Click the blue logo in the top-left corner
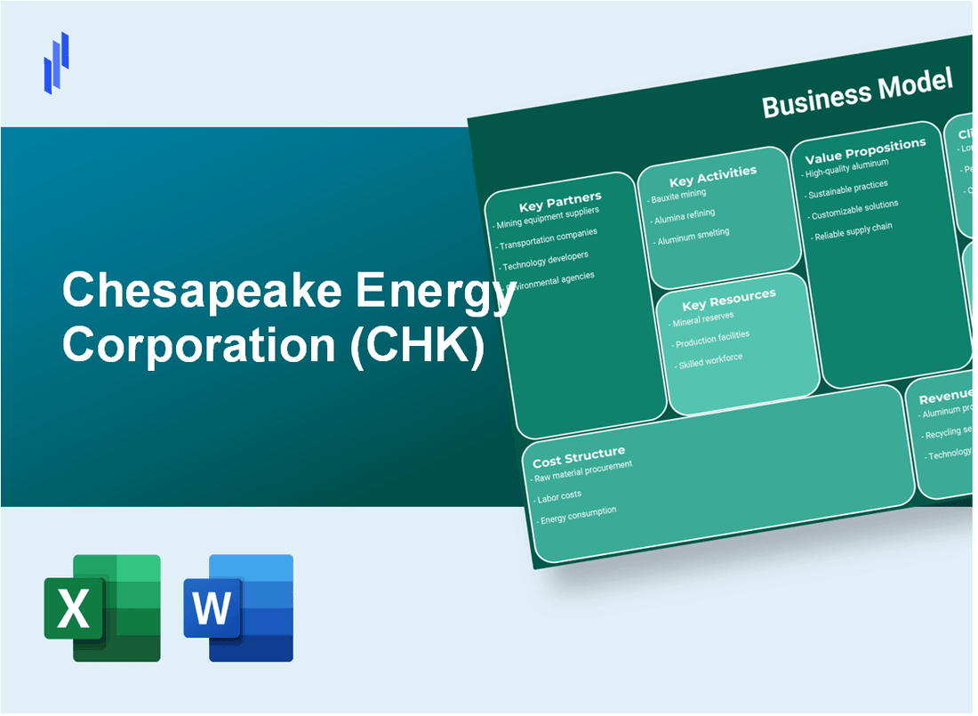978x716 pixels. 57,62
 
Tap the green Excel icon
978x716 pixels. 102,608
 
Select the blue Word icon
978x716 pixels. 238,608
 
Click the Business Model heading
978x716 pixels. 856,93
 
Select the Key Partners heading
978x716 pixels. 560,198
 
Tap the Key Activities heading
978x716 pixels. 712,173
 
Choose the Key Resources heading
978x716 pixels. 728,297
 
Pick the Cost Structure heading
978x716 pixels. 579,458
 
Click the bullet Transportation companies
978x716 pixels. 548,240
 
